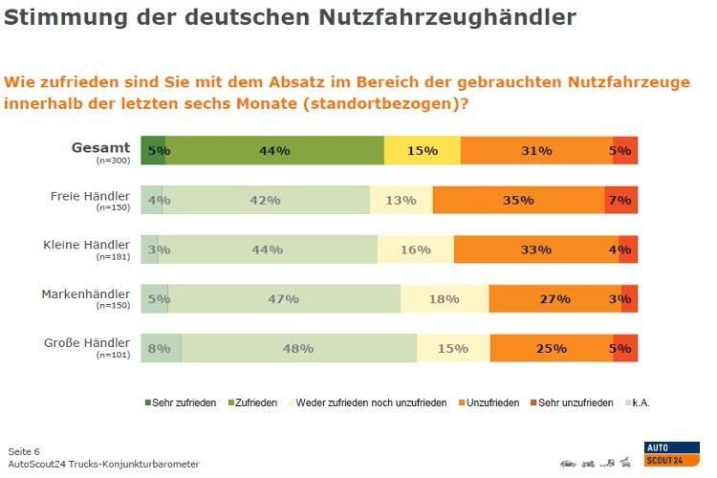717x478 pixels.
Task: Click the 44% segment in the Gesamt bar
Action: (x=275, y=151)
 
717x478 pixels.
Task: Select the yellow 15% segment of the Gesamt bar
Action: (x=422, y=151)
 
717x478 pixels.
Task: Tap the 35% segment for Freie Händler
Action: (x=517, y=200)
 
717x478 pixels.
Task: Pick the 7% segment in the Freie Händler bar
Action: (x=620, y=200)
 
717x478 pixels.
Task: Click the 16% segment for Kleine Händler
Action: (x=415, y=250)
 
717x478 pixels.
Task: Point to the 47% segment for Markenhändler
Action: (x=284, y=298)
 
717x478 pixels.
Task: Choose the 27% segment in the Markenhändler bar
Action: (x=554, y=298)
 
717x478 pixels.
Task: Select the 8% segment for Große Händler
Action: (x=161, y=348)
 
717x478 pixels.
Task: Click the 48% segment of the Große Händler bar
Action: (x=298, y=348)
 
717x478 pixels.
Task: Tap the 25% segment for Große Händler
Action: (x=551, y=348)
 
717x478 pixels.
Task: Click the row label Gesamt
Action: (x=100, y=147)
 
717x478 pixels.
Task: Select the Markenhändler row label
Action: (x=86, y=294)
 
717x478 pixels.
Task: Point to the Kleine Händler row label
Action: (x=86, y=245)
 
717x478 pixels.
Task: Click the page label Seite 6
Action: (x=24, y=450)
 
